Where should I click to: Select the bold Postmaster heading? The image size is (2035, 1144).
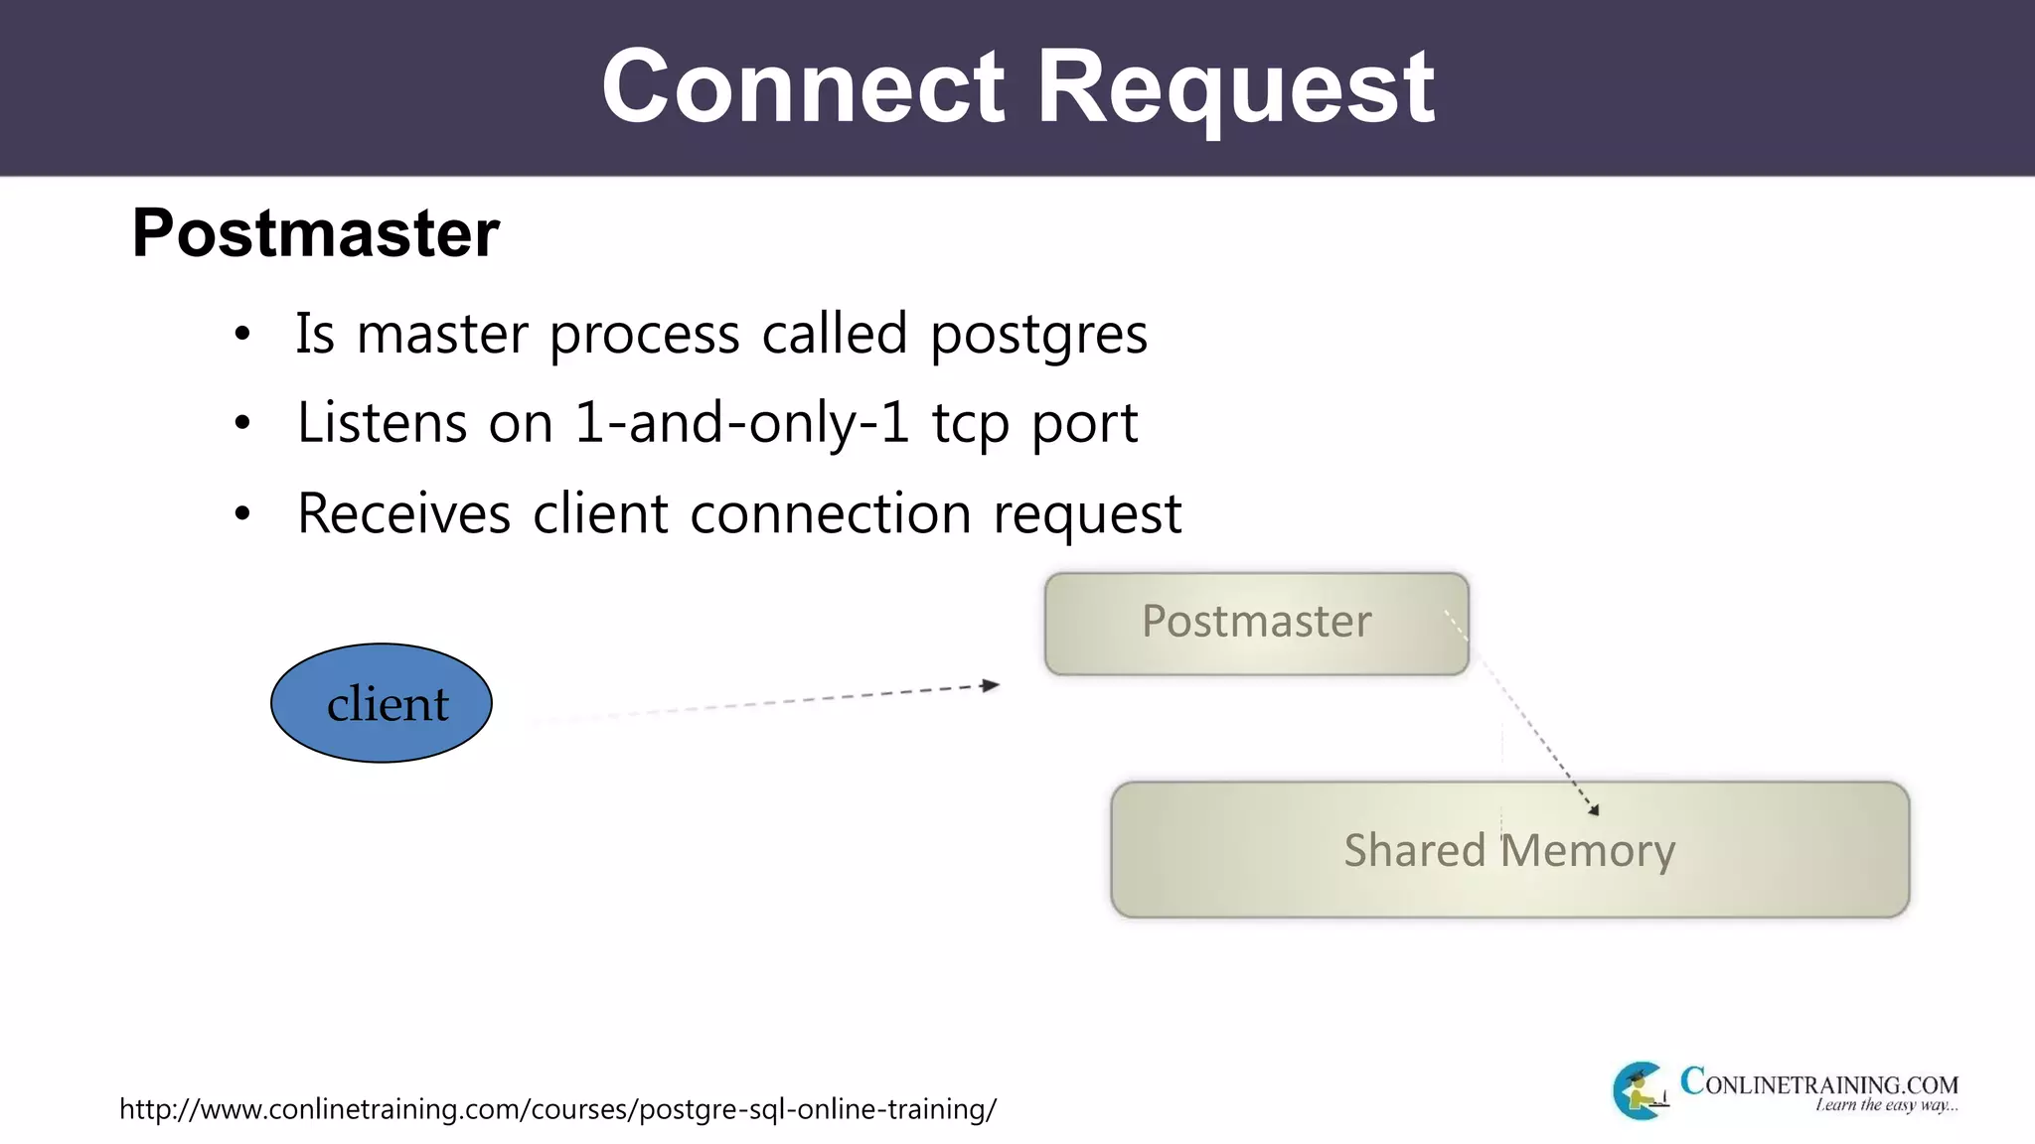(x=316, y=233)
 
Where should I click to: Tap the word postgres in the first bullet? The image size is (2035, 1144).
(x=1038, y=335)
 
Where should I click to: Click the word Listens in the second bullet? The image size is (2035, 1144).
(x=382, y=423)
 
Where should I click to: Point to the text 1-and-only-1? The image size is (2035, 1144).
(x=741, y=423)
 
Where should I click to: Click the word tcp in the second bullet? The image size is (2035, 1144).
(x=969, y=425)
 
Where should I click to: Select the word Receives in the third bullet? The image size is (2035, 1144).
(x=403, y=514)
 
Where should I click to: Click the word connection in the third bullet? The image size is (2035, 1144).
(x=830, y=514)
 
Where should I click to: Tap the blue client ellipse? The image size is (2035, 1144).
(x=382, y=703)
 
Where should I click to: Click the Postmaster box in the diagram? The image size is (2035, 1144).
(x=1256, y=624)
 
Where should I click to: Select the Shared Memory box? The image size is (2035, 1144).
(x=1509, y=850)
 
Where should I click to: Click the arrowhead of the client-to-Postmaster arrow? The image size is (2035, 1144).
(x=991, y=685)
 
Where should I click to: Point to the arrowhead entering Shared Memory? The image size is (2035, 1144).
(x=1594, y=810)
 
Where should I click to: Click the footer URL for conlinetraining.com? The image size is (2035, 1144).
(x=557, y=1109)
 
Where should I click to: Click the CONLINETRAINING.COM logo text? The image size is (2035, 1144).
(x=1818, y=1082)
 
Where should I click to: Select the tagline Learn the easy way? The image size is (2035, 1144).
(x=1885, y=1105)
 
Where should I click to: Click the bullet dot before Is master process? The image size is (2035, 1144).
(x=242, y=336)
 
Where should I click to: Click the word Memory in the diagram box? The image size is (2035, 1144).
(x=1587, y=851)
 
